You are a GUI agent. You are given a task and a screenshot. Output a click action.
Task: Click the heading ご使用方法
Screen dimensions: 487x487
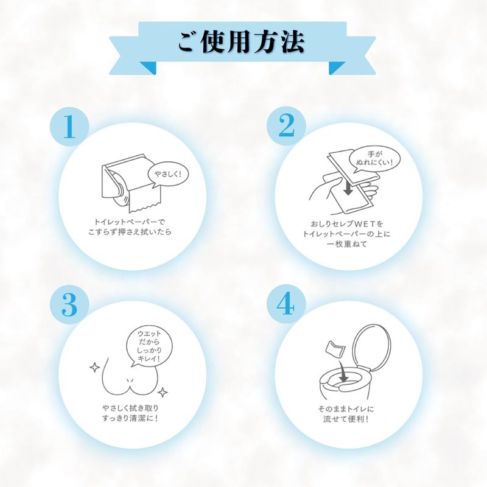tap(241, 43)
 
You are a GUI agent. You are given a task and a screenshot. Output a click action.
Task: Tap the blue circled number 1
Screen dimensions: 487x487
tap(69, 127)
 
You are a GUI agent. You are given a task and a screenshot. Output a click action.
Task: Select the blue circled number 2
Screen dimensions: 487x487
tap(286, 125)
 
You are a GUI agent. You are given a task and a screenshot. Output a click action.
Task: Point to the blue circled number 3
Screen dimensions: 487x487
tap(69, 305)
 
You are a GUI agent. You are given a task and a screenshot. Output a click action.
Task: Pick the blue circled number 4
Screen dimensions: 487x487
tap(286, 304)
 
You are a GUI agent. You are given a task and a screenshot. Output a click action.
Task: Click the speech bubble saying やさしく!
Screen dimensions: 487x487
tap(167, 175)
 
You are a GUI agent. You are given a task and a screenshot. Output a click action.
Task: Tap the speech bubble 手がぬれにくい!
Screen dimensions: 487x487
tap(374, 158)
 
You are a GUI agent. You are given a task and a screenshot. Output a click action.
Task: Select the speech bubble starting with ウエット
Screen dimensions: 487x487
tap(149, 346)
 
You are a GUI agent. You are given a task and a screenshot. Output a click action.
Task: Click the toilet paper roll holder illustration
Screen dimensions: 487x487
tap(131, 183)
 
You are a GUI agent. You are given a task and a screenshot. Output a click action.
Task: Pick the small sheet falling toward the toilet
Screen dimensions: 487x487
tap(334, 348)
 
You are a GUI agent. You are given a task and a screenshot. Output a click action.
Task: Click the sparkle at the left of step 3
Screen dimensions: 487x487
tap(95, 368)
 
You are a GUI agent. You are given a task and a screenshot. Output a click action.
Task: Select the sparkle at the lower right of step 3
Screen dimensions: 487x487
tap(163, 392)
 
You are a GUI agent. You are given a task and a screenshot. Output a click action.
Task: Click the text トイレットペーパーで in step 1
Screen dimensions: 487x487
tap(130, 222)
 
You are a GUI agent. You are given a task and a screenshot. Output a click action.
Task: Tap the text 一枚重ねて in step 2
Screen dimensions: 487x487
tap(347, 244)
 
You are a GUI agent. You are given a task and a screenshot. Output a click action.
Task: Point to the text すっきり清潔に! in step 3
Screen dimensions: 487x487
tap(130, 418)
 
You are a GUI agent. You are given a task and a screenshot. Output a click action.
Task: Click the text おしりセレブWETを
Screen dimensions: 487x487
tap(347, 223)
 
